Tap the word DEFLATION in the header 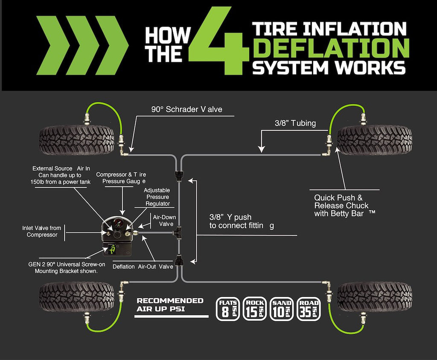(x=331, y=48)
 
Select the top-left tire (x=76, y=139)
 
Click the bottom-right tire (x=375, y=296)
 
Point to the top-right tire (x=375, y=139)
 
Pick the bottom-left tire (x=76, y=296)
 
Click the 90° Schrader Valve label (x=187, y=110)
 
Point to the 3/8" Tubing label (x=295, y=124)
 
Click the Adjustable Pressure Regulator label (x=157, y=197)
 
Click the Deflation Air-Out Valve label (x=143, y=267)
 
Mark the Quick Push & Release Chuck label (x=341, y=206)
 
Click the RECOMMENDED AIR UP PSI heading (x=170, y=305)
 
